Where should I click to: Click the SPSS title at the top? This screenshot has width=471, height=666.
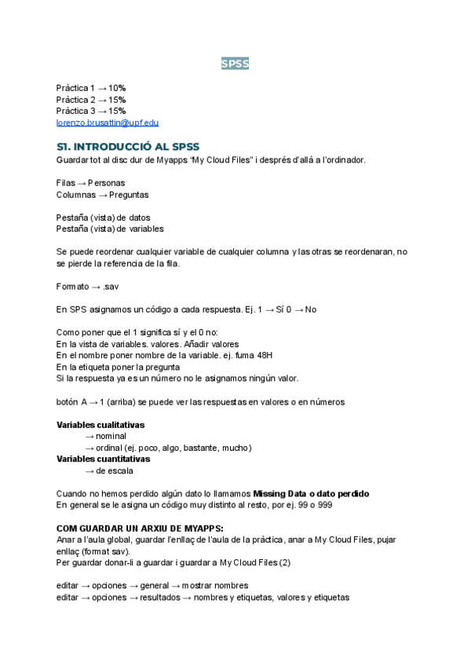click(x=235, y=64)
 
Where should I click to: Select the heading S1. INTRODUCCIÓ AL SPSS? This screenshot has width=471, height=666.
click(x=128, y=146)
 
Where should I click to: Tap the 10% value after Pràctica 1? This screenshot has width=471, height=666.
click(x=117, y=88)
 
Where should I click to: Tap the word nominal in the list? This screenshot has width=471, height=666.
click(x=111, y=436)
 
